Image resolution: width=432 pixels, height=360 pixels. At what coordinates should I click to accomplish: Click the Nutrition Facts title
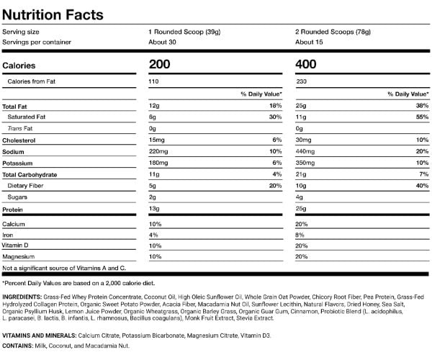(x=53, y=15)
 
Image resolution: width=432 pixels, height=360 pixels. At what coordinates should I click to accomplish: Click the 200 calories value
(x=160, y=65)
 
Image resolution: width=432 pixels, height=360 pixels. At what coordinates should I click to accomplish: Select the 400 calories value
(x=306, y=65)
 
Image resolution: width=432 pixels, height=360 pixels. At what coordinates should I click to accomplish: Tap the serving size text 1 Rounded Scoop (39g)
(x=184, y=32)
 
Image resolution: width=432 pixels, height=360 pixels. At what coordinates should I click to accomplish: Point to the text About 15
(x=309, y=42)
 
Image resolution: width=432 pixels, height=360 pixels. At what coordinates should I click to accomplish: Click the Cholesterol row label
(x=19, y=140)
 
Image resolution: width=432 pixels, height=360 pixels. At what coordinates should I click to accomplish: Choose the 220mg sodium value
(x=158, y=151)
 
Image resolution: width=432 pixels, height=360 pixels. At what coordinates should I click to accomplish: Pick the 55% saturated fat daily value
(x=422, y=117)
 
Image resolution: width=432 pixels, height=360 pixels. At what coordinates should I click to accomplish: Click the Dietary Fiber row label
(x=25, y=186)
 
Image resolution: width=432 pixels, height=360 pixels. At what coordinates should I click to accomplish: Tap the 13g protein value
(x=154, y=209)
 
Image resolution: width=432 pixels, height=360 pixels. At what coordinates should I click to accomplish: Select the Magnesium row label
(x=19, y=257)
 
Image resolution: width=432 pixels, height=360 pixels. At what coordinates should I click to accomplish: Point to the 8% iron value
(x=300, y=235)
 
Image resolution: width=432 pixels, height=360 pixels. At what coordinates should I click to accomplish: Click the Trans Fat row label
(x=20, y=128)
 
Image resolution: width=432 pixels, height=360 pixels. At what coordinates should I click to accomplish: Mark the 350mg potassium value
(x=305, y=163)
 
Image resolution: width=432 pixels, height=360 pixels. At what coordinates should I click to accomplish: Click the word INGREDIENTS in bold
(x=22, y=297)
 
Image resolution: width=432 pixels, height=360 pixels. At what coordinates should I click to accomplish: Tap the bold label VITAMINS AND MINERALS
(x=39, y=336)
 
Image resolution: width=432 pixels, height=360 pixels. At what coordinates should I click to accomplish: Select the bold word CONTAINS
(x=17, y=346)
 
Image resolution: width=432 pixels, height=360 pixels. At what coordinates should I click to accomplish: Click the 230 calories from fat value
(x=302, y=81)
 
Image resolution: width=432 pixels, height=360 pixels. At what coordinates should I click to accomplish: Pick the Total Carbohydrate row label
(x=30, y=175)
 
